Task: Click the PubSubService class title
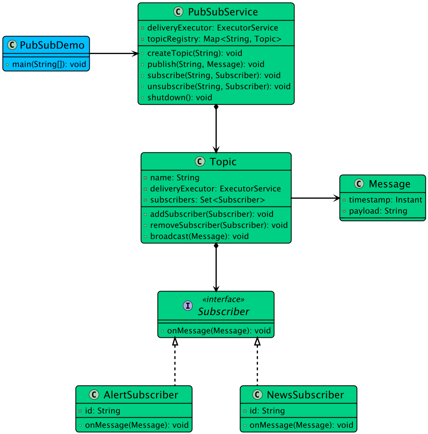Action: (223, 12)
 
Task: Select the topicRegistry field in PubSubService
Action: (214, 39)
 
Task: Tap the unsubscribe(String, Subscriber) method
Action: (219, 86)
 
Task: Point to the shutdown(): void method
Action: (179, 97)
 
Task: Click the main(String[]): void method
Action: (49, 64)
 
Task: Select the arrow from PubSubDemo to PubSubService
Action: (113, 54)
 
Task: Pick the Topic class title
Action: (223, 161)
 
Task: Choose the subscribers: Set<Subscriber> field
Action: (207, 200)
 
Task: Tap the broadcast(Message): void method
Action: (199, 236)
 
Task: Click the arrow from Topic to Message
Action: (315, 198)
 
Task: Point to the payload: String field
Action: (378, 211)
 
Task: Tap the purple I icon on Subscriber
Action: (188, 306)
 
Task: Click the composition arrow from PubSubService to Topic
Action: (216, 128)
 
